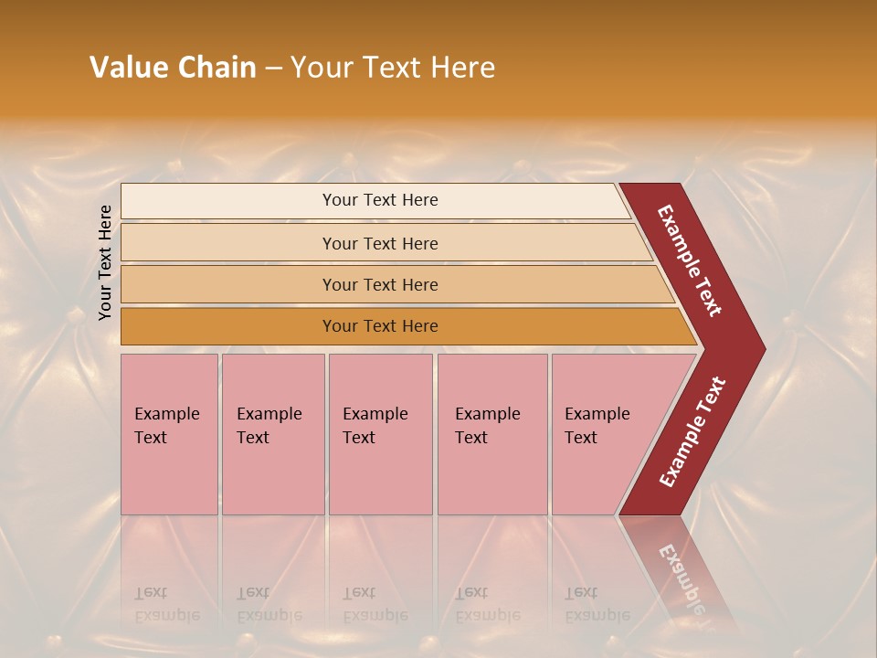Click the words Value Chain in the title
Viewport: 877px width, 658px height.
(173, 68)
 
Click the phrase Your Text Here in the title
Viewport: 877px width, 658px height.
(393, 68)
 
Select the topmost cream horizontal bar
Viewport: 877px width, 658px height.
(375, 200)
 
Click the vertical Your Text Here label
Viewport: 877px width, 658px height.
(106, 262)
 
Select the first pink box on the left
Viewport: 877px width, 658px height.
(169, 434)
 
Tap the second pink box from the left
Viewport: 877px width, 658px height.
(272, 434)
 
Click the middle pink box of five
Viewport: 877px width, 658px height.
(380, 434)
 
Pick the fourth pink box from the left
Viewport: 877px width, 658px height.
(491, 434)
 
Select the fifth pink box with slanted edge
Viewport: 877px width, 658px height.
(603, 434)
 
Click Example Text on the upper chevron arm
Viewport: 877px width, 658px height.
(691, 260)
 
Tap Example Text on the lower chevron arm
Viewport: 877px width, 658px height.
(692, 431)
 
